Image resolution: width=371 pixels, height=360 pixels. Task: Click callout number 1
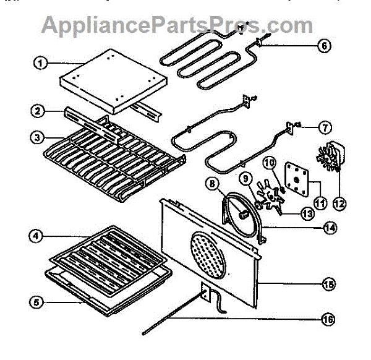40,62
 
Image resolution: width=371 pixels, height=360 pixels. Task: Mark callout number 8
212,183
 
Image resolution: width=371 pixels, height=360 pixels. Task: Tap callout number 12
339,202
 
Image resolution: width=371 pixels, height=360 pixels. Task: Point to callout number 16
327,320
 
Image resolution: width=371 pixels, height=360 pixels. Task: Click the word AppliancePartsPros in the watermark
154,25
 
